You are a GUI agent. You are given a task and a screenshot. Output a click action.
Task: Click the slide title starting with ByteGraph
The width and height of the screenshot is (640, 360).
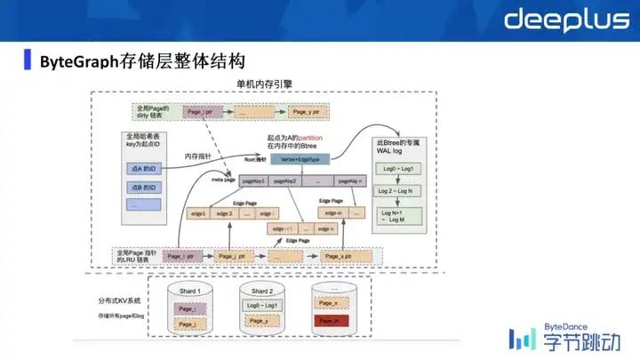(142, 61)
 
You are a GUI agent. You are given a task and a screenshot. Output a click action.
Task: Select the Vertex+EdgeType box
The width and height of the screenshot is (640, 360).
(300, 159)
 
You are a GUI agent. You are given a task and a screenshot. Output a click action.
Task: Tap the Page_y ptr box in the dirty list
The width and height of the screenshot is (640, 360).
(308, 113)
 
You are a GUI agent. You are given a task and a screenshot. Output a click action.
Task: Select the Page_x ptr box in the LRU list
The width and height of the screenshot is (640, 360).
(335, 256)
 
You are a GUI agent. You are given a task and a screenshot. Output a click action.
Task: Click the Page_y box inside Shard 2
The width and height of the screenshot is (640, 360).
(260, 321)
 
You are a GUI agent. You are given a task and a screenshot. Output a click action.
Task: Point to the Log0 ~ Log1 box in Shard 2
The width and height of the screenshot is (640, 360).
(260, 305)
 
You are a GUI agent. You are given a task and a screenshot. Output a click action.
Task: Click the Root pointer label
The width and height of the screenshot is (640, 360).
(255, 160)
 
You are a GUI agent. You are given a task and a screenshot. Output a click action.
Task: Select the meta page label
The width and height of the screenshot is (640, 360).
(221, 180)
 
